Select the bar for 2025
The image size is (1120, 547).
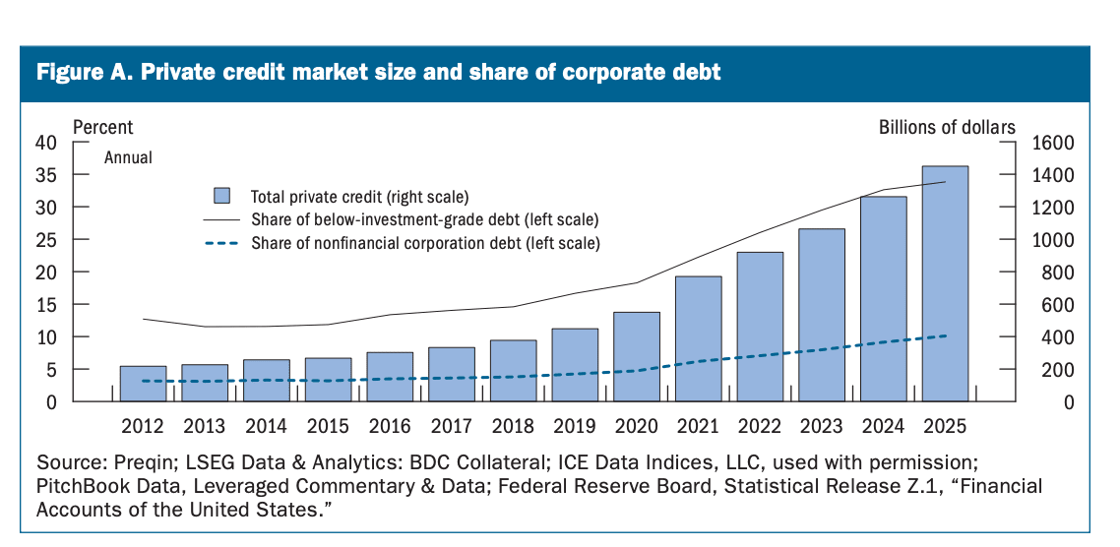pyautogui.click(x=945, y=283)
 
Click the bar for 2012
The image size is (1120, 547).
pyautogui.click(x=143, y=384)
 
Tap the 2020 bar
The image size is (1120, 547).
pyautogui.click(x=637, y=356)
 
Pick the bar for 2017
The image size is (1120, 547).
pyautogui.click(x=452, y=374)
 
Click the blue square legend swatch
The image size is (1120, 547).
pyautogui.click(x=222, y=196)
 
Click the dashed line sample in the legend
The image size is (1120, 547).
pyautogui.click(x=221, y=243)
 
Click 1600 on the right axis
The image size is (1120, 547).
pyautogui.click(x=1053, y=143)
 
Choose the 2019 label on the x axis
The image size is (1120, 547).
pyautogui.click(x=575, y=426)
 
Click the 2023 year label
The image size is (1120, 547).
pyautogui.click(x=822, y=426)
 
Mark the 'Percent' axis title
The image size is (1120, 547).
pyautogui.click(x=103, y=127)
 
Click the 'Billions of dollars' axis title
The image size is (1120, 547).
pyautogui.click(x=947, y=127)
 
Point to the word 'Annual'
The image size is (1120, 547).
pyautogui.click(x=129, y=157)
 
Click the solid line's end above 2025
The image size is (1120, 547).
pyautogui.click(x=946, y=181)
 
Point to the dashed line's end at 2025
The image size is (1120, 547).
pyautogui.click(x=946, y=335)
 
